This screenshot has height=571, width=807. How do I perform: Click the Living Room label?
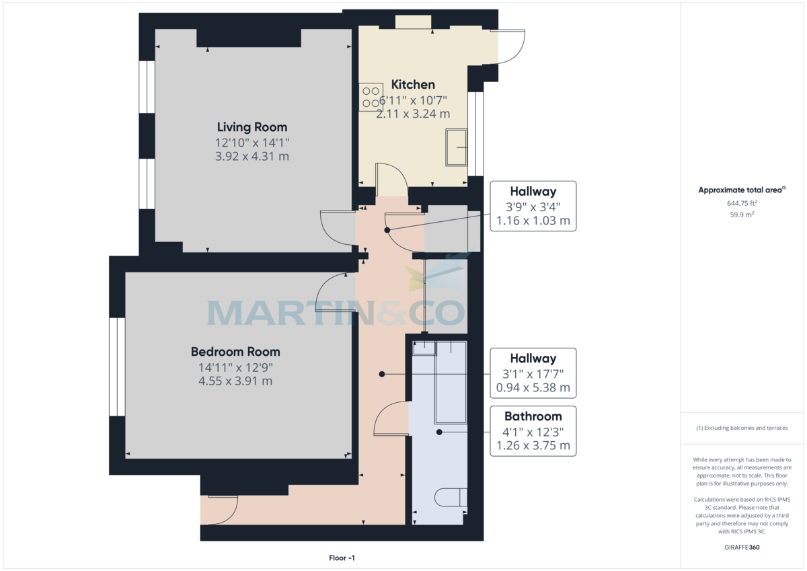252,127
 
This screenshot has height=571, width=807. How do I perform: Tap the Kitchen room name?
413,85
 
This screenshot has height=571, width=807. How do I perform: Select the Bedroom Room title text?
235,352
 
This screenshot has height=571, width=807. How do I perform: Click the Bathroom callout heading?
533,416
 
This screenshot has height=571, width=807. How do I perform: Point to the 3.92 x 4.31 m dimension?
252,157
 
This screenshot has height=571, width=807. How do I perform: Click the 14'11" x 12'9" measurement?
235,367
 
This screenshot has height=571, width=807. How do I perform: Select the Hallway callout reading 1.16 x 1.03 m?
533,206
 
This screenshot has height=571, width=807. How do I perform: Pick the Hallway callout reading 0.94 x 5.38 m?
533,373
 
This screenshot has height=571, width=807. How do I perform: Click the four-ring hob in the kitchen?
371,96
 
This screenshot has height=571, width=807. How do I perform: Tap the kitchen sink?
456,147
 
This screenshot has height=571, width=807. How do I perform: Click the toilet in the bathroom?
451,497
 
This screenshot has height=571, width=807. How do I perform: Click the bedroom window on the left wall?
117,367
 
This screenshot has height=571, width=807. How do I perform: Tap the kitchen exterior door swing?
511,46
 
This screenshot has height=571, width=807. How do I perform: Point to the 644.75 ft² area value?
743,202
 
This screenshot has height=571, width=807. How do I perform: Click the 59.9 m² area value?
743,215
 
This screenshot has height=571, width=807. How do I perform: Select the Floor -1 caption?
342,558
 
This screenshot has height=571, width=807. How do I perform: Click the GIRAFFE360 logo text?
743,547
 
